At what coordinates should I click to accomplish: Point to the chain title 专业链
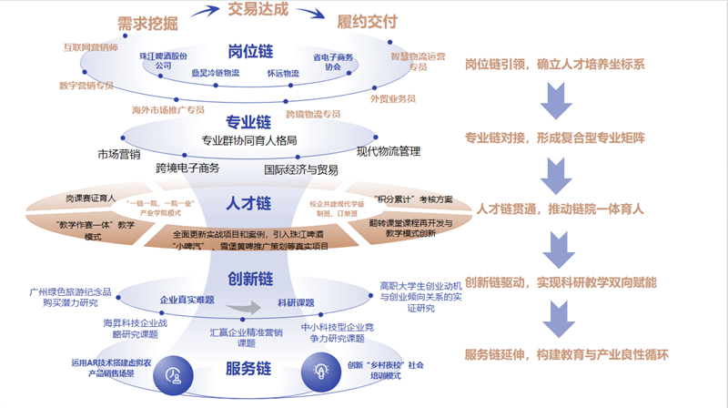248,121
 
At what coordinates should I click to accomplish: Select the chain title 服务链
248,369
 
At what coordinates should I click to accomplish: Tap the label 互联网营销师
91,46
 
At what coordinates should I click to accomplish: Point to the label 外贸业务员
393,97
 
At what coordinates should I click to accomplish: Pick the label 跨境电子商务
187,168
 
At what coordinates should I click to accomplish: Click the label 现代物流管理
389,151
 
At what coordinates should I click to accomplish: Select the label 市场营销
118,154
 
